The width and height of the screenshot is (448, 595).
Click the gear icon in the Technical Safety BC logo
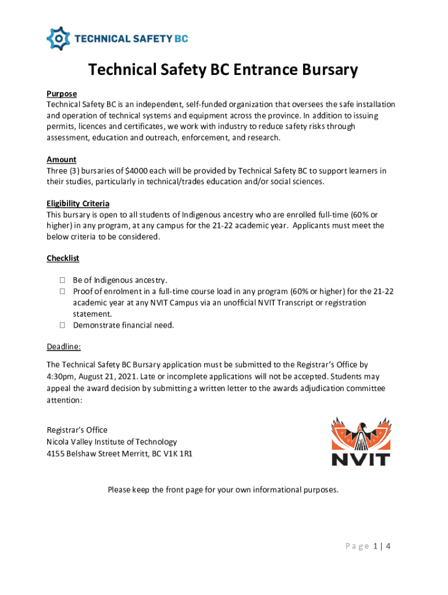coord(58,38)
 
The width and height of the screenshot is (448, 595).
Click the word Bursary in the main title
coord(325,70)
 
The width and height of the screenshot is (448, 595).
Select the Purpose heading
coord(62,94)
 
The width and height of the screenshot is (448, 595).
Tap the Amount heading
coord(61,159)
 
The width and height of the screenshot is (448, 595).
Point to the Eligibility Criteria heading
coord(78,203)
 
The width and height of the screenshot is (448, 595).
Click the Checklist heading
coord(63,258)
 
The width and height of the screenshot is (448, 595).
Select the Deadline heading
coord(63,347)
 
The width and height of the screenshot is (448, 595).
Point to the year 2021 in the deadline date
coord(133,377)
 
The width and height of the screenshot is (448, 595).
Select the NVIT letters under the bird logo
coord(361,458)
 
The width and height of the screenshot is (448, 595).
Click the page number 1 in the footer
coord(376,546)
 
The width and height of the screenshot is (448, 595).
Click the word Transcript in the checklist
coord(312,303)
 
